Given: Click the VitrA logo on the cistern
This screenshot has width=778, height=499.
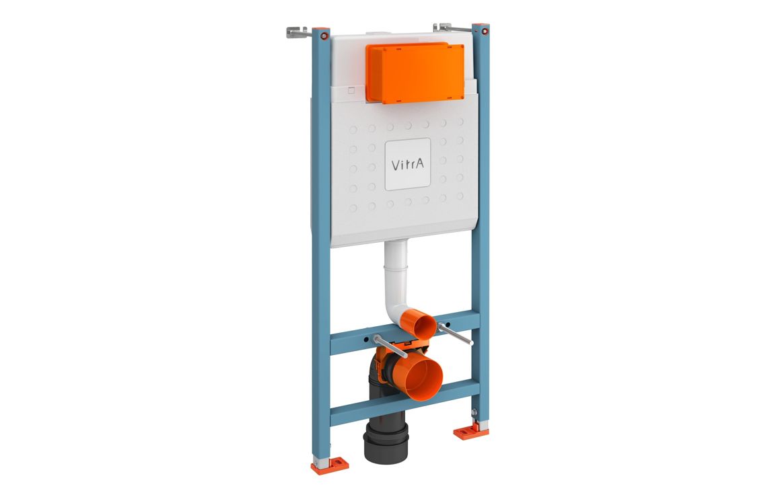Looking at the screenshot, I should [x=407, y=164].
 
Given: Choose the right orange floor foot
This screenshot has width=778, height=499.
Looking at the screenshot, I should [x=470, y=431].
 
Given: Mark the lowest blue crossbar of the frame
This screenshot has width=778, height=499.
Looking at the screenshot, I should [x=404, y=402].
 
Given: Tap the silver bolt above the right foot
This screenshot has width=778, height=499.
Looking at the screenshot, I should [x=476, y=412].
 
